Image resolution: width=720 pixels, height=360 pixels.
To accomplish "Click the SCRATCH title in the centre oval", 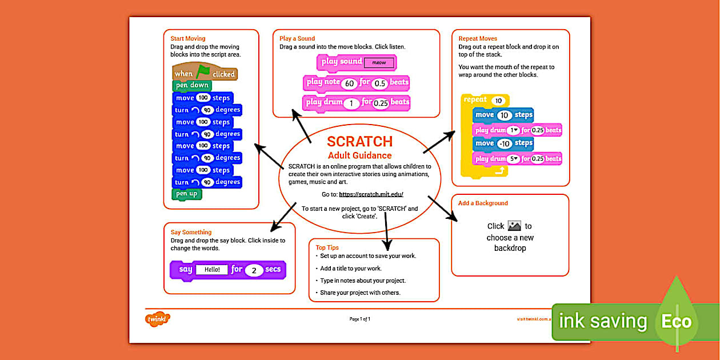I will click(x=359, y=142).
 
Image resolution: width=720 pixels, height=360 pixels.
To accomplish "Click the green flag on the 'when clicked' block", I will click(x=203, y=72).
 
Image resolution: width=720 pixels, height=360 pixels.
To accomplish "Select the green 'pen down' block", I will click(x=192, y=86).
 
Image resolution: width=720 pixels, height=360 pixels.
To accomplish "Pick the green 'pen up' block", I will click(x=186, y=194).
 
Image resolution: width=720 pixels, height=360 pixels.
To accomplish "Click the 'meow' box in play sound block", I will click(x=379, y=62).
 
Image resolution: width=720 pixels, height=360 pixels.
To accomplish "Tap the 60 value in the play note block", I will click(x=350, y=83).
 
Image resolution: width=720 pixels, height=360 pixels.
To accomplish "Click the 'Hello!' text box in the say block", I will click(x=212, y=270).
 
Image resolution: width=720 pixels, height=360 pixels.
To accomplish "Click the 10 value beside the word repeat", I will click(x=499, y=101).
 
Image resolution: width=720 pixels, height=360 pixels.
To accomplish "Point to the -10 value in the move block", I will click(x=505, y=143).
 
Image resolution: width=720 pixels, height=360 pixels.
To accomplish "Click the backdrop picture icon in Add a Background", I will click(x=514, y=226).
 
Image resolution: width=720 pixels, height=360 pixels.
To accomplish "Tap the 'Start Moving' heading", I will click(x=188, y=39).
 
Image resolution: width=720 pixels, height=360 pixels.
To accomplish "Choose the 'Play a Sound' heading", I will click(x=297, y=39).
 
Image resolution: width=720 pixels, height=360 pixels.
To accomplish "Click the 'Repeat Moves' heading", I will click(x=478, y=39).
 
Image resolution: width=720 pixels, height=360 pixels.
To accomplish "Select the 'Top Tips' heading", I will click(x=327, y=247).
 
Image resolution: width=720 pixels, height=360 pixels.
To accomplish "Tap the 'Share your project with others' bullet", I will click(x=360, y=293).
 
